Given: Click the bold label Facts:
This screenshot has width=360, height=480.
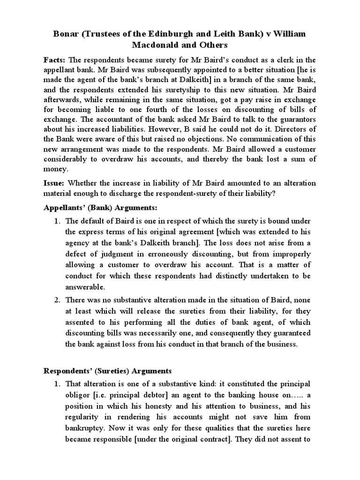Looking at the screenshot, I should tap(55, 60).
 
